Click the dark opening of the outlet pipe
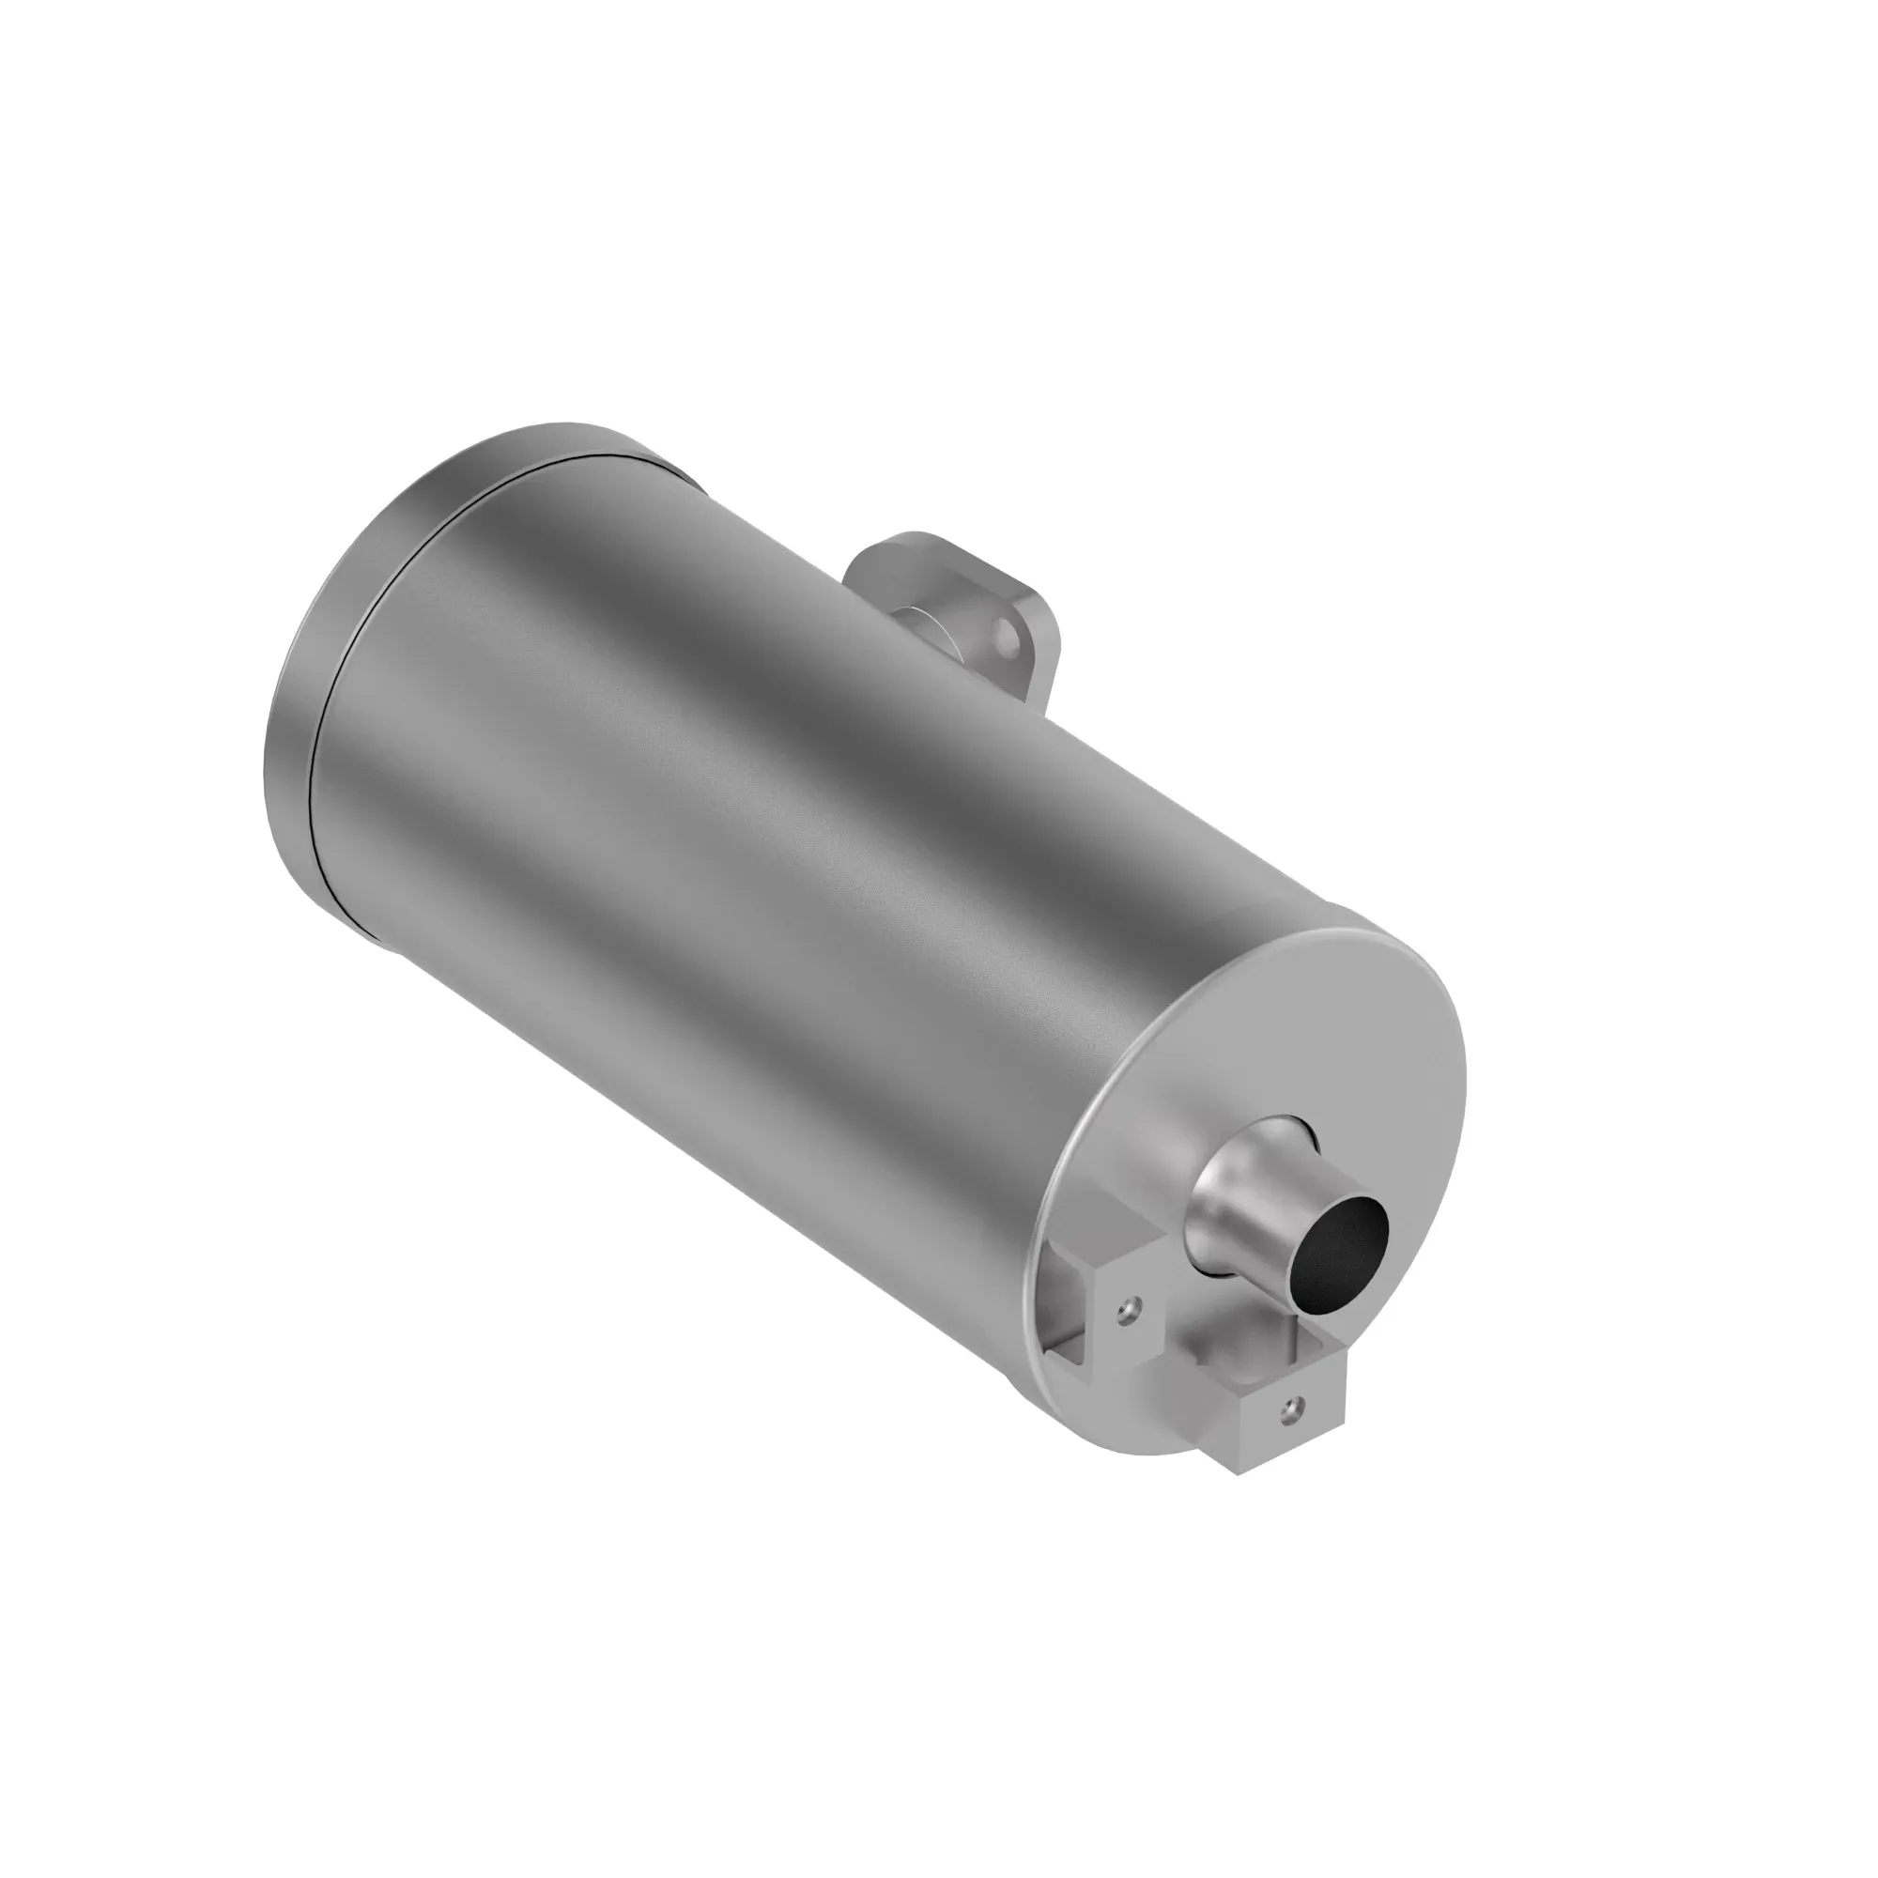[1345, 1253]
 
